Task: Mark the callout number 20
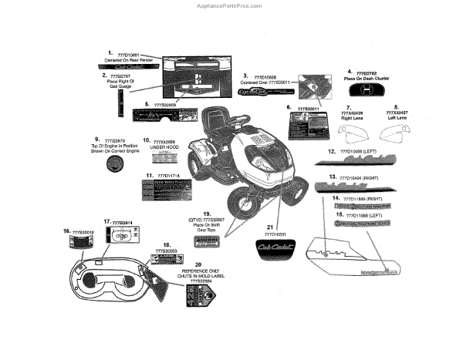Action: [x=199, y=264]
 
